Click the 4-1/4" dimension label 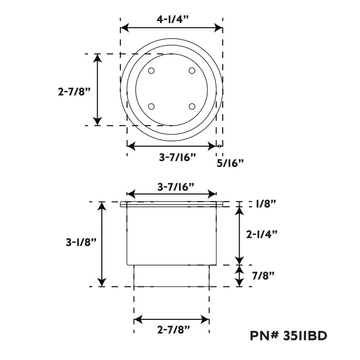coord(173,20)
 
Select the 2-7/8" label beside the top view coord(74,92)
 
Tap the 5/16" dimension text coord(230,163)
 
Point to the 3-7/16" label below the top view coord(177,157)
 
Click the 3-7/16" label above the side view coord(176,187)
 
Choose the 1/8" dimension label coord(265,204)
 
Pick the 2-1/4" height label coord(262,234)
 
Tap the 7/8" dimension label coord(263,275)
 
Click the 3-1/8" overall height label coord(81,242)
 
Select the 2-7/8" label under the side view coord(174,330)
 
